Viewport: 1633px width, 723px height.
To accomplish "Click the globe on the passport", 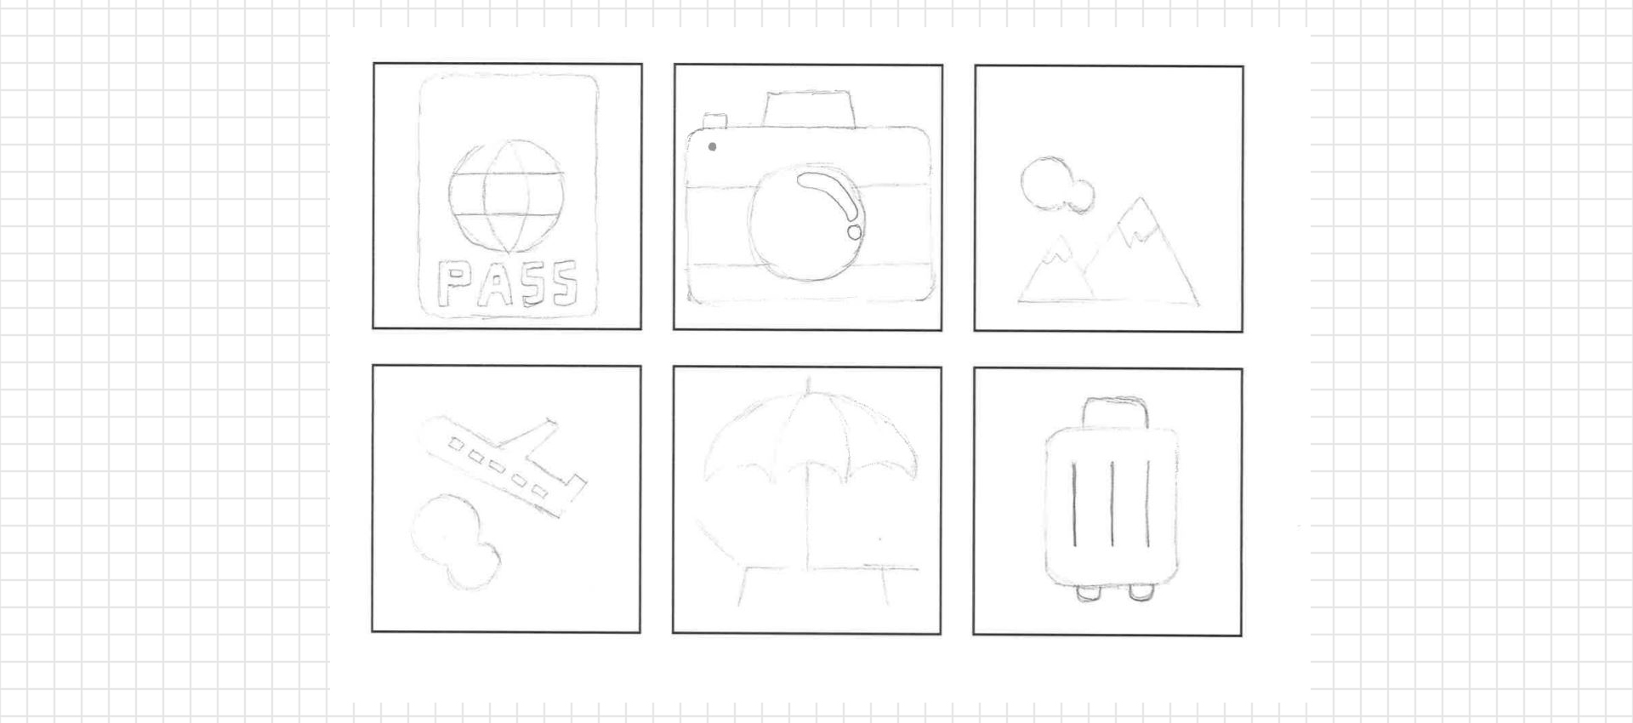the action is point(506,197).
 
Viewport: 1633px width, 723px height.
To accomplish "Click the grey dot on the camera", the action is point(712,146).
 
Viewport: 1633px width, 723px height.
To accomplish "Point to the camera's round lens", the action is point(806,223).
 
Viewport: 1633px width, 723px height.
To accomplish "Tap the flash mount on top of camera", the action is point(807,109).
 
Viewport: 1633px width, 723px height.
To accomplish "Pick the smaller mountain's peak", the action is point(1059,248).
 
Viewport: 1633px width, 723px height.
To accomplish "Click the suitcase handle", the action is point(1115,413).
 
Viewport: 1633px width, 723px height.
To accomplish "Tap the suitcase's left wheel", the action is point(1088,593).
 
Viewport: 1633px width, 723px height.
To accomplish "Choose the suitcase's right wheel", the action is point(1141,593).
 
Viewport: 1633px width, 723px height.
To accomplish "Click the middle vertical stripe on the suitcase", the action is point(1112,504).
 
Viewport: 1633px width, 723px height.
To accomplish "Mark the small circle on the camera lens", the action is point(854,231).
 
